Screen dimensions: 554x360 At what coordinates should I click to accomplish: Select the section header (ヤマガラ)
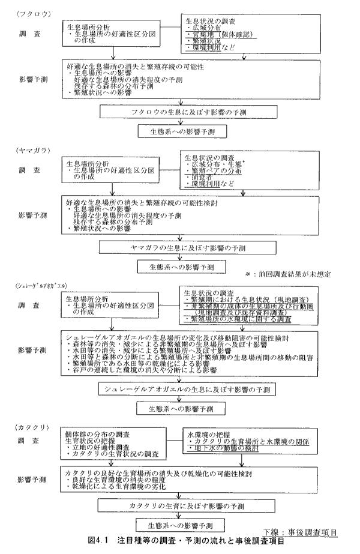26,148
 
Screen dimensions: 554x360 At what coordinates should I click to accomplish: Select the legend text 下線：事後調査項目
300,532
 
